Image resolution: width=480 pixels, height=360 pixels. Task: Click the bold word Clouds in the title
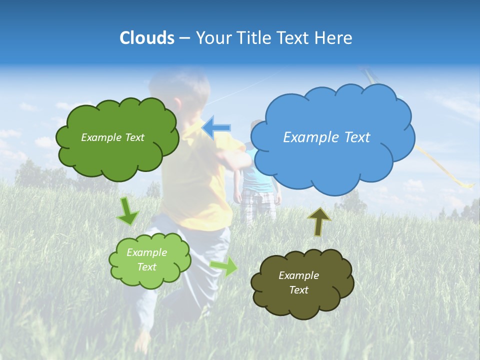[x=146, y=38]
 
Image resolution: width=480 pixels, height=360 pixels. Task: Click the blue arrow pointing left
[x=216, y=127]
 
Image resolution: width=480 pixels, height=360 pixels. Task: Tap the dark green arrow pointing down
[x=127, y=211]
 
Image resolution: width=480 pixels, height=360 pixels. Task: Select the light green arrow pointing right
[x=224, y=267]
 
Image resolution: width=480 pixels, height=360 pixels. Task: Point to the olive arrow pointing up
[x=319, y=221]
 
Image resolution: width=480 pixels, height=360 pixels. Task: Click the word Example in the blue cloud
[x=306, y=137]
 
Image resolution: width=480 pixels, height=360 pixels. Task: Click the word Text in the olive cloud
[x=298, y=290]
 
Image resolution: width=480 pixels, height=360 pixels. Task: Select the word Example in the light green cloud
[x=146, y=252]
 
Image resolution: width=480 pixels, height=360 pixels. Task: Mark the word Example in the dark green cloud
[x=99, y=137]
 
